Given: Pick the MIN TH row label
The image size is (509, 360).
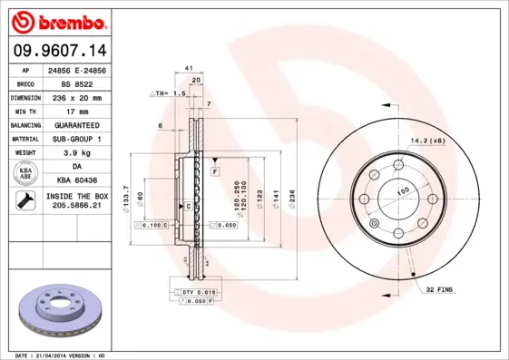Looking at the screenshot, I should tap(24, 111).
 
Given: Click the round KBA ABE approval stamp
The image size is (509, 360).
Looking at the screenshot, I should tap(24, 174).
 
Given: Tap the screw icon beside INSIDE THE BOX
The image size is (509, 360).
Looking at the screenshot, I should tap(24, 201).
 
